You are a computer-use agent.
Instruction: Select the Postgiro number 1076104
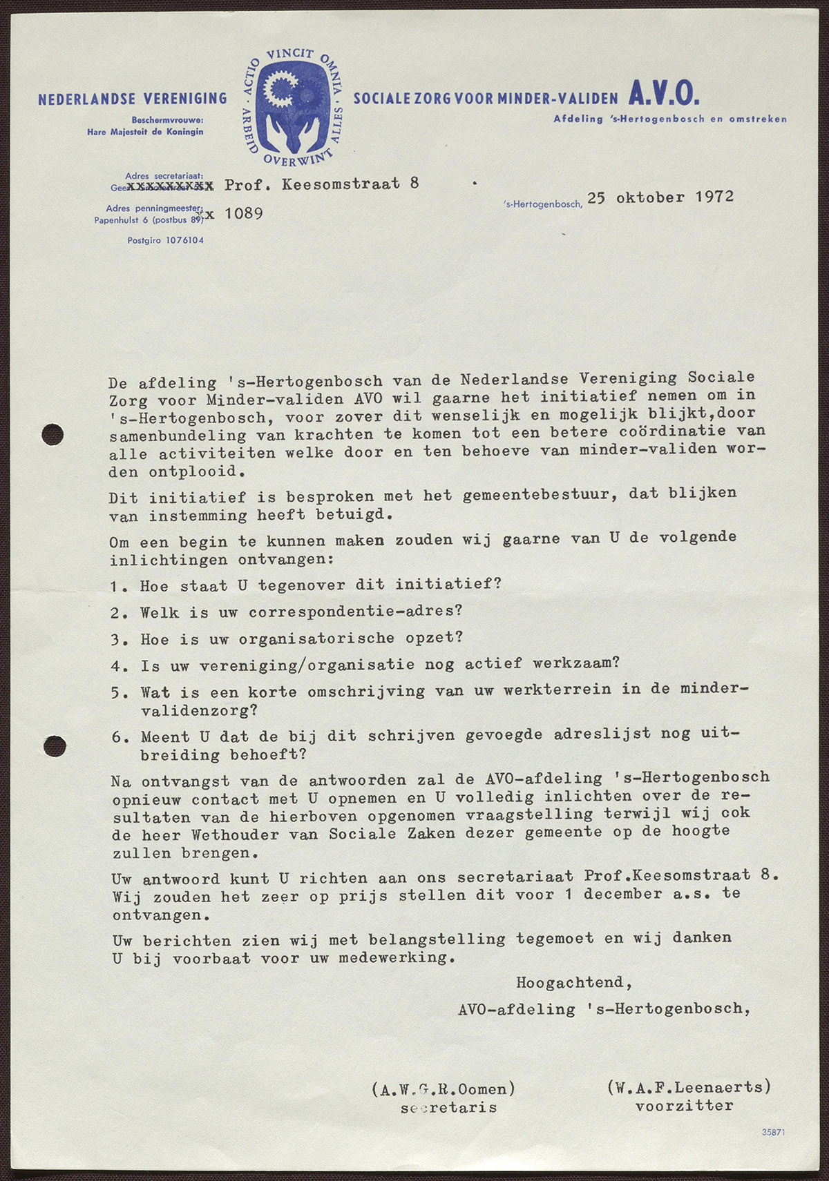(165, 240)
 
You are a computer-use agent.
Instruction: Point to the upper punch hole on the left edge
(53, 434)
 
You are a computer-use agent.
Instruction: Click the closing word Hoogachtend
(573, 982)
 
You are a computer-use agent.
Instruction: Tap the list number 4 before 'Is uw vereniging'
(116, 666)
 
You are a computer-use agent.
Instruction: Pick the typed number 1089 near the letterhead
(243, 214)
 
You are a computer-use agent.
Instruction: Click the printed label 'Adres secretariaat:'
(164, 176)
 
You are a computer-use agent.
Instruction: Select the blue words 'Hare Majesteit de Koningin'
(145, 131)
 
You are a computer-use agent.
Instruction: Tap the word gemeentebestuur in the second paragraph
(540, 495)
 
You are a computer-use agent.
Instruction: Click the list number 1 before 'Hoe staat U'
(115, 586)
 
